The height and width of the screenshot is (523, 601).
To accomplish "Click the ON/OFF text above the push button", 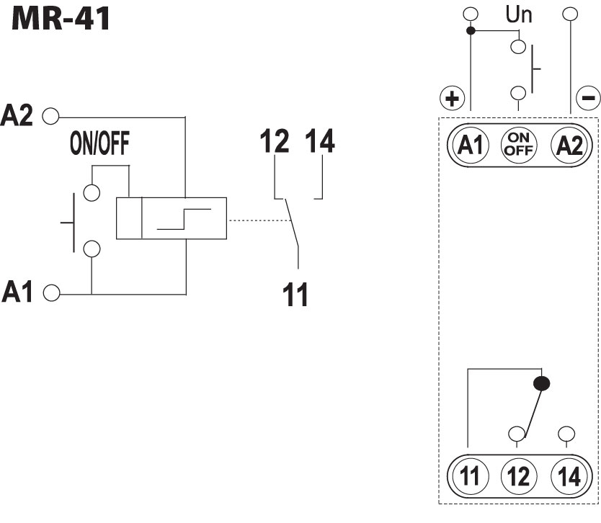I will pos(99,146).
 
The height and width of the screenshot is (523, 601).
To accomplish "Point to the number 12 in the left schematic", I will pos(275,142).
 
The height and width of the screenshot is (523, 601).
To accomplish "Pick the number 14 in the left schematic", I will pos(321,142).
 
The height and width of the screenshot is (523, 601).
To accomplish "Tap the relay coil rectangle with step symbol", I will pos(172,218).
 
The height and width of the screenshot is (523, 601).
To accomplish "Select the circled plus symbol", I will pos(453,98).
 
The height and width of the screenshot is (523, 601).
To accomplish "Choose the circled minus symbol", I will pos(587,97).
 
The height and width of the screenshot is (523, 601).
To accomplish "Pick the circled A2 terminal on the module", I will pos(569,146).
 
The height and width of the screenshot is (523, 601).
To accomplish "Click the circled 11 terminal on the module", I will pos(470,477).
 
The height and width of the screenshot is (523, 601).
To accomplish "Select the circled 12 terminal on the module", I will pos(517,477).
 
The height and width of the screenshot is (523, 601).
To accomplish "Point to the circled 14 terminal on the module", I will pos(569,477).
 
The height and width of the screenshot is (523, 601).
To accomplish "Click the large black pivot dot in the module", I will pos(542,383).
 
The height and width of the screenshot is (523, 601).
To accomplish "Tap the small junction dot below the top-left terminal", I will pos(470,31).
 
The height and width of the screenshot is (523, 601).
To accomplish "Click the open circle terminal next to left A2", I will pos(50,115).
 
